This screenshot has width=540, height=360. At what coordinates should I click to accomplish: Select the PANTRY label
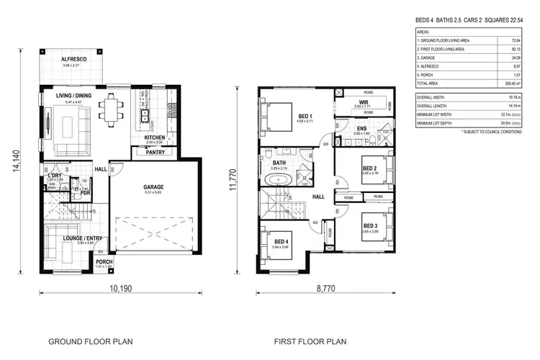tap(154, 152)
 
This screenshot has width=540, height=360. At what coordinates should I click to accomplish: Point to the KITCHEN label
tap(155, 137)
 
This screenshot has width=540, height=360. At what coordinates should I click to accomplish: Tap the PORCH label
tap(104, 261)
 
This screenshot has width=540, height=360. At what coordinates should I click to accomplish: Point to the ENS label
tap(362, 128)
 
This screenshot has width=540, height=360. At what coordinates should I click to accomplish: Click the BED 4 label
tap(282, 240)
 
